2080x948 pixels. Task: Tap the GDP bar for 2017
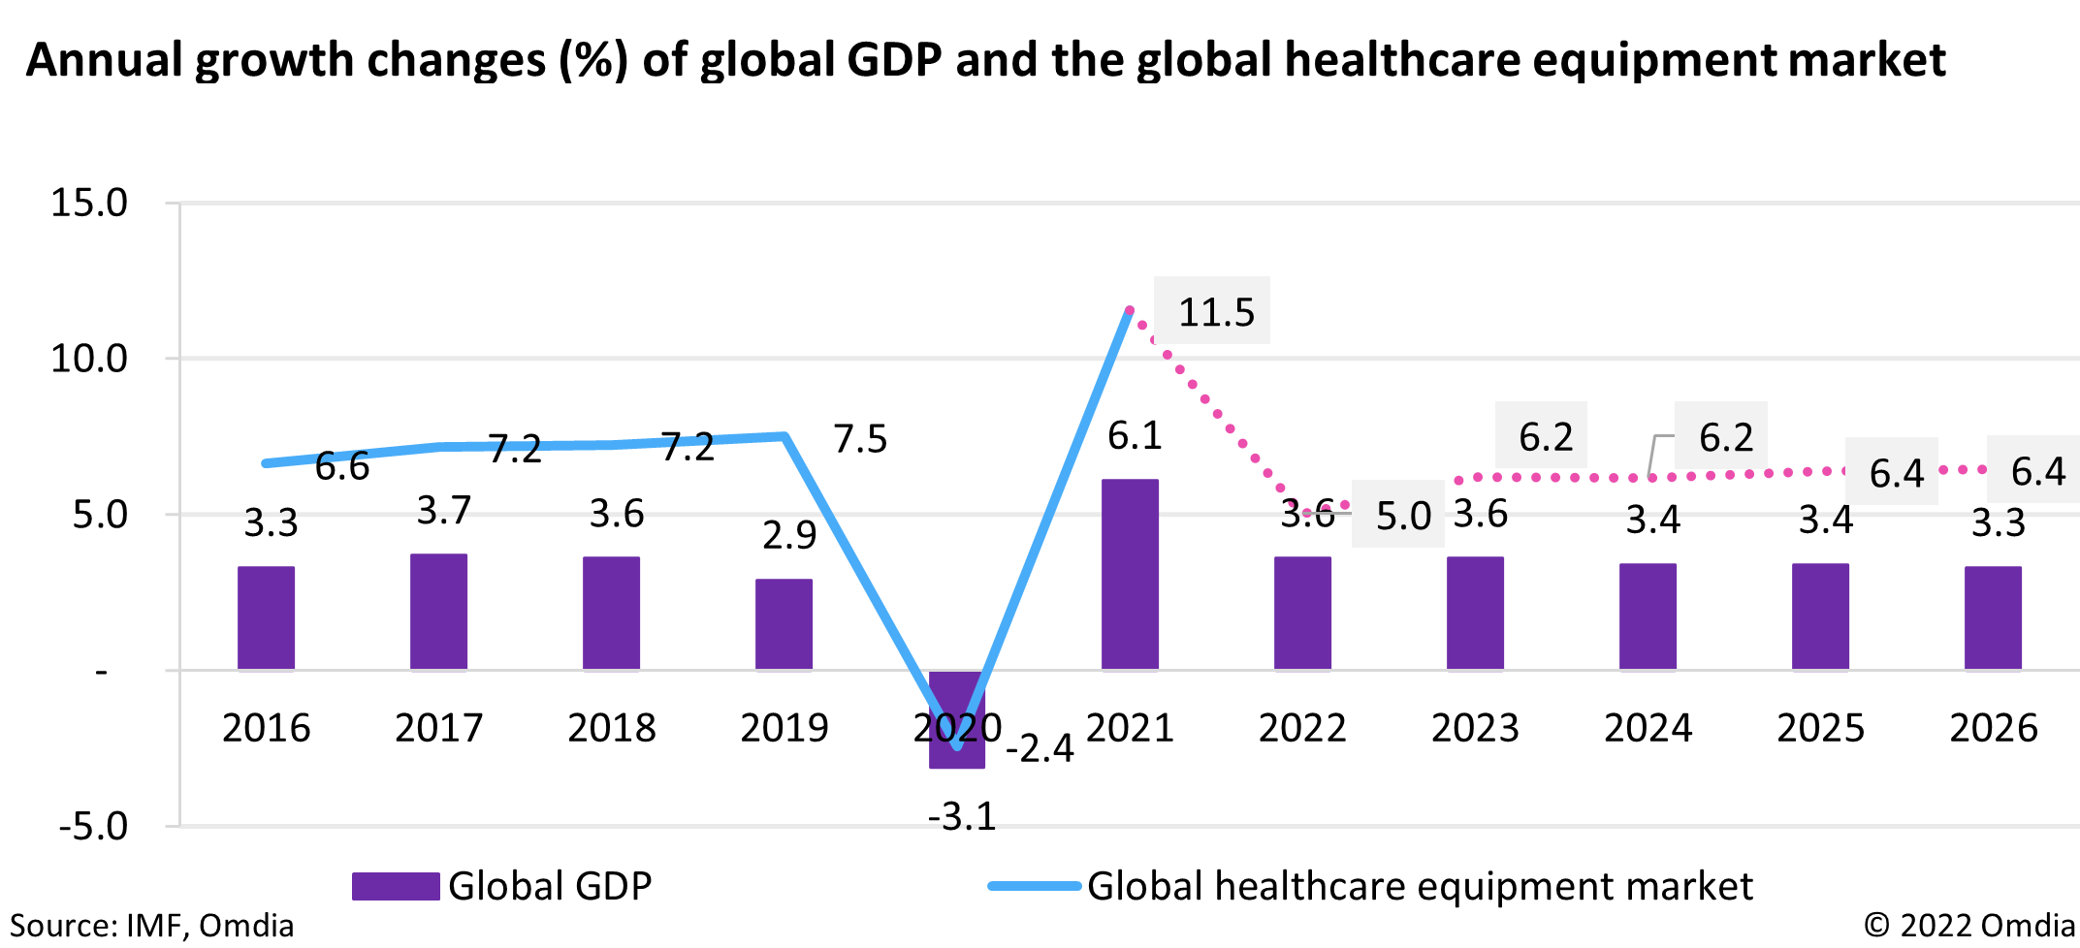(438, 612)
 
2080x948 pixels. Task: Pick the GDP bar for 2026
(1993, 617)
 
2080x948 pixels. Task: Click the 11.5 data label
(1215, 312)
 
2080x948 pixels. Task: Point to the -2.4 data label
(1040, 748)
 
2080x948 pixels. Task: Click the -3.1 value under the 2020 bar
(962, 816)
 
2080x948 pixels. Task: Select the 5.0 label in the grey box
(1402, 516)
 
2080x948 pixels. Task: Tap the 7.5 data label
(860, 439)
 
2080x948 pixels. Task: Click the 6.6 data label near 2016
(342, 466)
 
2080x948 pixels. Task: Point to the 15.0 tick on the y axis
(89, 203)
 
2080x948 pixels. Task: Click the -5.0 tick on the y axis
(93, 827)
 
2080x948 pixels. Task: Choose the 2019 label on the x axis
(784, 728)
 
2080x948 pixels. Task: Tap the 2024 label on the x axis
(1648, 728)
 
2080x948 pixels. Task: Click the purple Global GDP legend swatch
(396, 886)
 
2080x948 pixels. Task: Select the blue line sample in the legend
(1034, 886)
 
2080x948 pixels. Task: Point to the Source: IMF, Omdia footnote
(151, 926)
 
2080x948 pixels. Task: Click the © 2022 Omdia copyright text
(1968, 926)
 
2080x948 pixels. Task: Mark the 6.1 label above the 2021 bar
(1135, 436)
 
